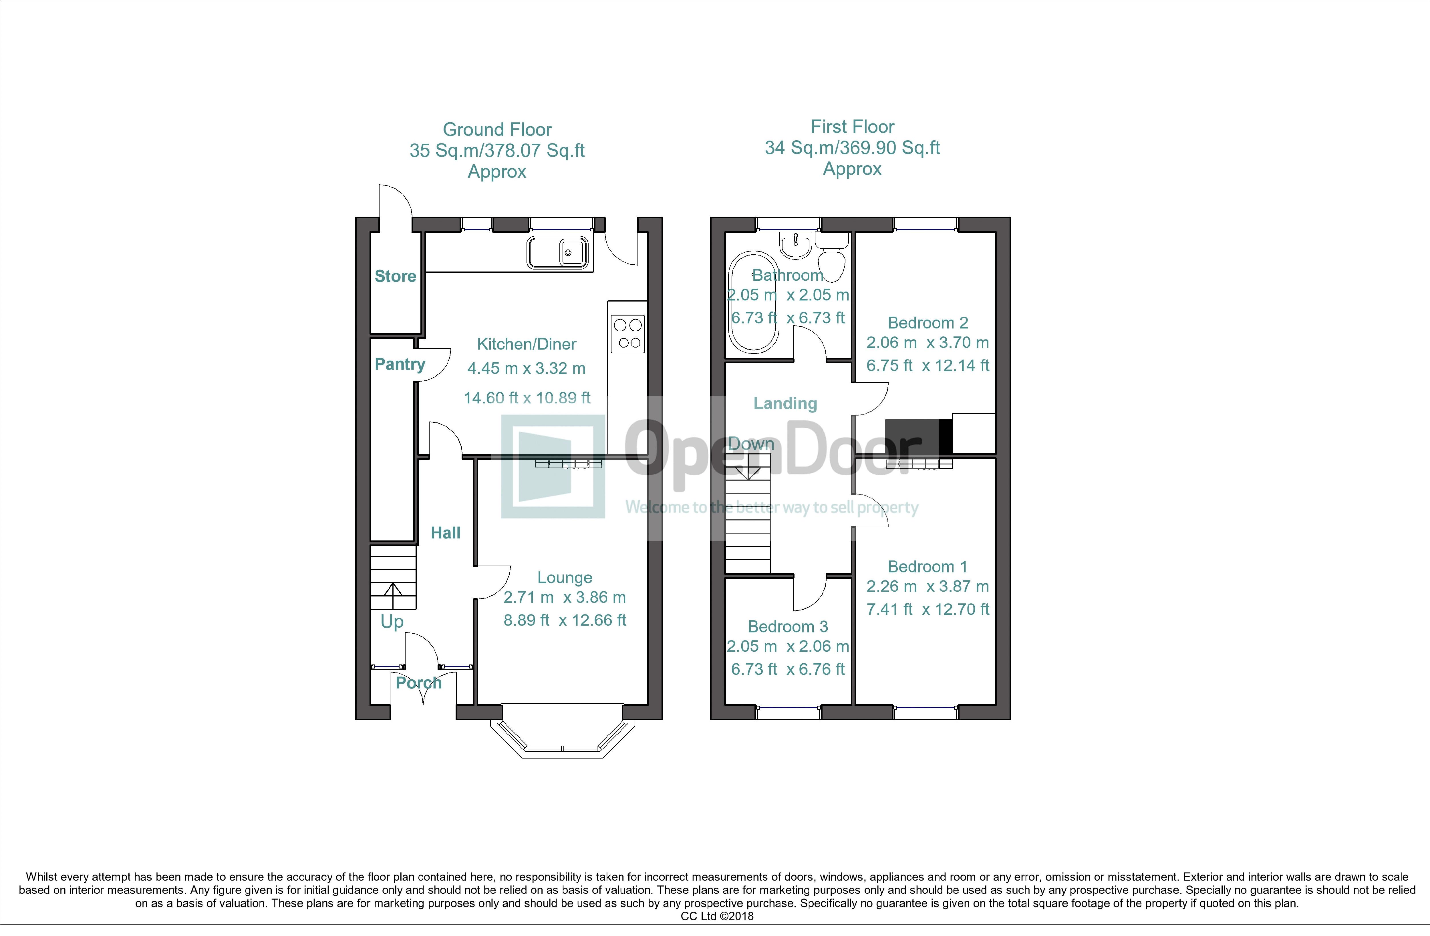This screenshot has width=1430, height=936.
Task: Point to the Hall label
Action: pyautogui.click(x=446, y=532)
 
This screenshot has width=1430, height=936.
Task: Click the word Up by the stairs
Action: pyautogui.click(x=392, y=622)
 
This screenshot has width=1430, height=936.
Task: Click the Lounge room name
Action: pyautogui.click(x=565, y=578)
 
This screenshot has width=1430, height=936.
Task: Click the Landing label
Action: pyautogui.click(x=785, y=404)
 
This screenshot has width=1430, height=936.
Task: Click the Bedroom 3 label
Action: pyautogui.click(x=788, y=627)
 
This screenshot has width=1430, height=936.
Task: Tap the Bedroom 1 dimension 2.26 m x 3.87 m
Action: pyautogui.click(x=928, y=586)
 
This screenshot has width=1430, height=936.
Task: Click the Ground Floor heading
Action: pyautogui.click(x=497, y=130)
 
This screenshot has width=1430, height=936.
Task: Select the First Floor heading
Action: pyautogui.click(x=853, y=127)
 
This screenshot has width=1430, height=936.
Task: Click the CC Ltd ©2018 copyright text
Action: pyautogui.click(x=717, y=916)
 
